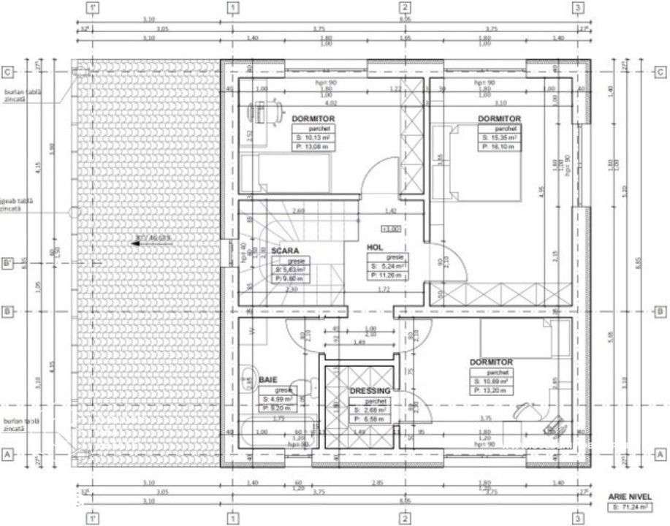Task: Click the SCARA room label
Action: (x=286, y=251)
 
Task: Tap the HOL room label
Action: (x=376, y=247)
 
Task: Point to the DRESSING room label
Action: (x=370, y=391)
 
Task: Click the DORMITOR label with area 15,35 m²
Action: (x=499, y=118)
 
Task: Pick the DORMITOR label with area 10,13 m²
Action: (x=313, y=118)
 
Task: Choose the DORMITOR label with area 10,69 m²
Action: (x=491, y=362)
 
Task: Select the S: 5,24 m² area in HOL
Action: (x=387, y=266)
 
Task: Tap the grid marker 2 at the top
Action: (x=404, y=9)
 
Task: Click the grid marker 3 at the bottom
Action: (x=578, y=518)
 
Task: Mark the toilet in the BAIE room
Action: (x=248, y=377)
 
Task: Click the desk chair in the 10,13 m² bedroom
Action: (x=259, y=112)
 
